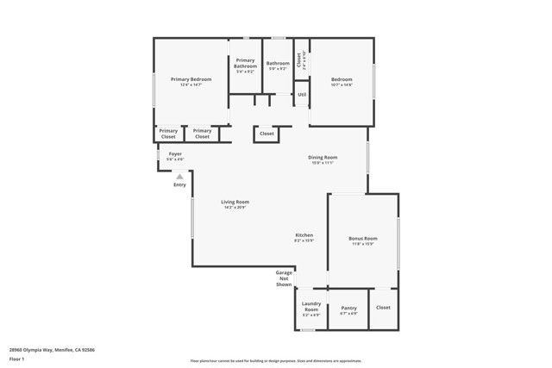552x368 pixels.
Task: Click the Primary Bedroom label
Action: pyautogui.click(x=191, y=79)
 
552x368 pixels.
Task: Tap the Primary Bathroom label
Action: pyautogui.click(x=246, y=63)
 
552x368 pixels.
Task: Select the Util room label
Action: pyautogui.click(x=302, y=95)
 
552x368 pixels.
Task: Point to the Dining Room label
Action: pyautogui.click(x=323, y=157)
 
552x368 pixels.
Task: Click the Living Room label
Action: pyautogui.click(x=235, y=202)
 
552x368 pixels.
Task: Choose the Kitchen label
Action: pyautogui.click(x=304, y=234)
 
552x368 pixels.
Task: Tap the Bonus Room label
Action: pyautogui.click(x=363, y=238)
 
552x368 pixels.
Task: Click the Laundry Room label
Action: pyautogui.click(x=311, y=306)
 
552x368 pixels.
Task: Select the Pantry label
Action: pyautogui.click(x=349, y=308)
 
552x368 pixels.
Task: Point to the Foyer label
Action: pyautogui.click(x=175, y=153)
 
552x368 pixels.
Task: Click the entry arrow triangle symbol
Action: pyautogui.click(x=179, y=177)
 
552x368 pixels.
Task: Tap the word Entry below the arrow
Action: pyautogui.click(x=179, y=184)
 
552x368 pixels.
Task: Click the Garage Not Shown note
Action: pyautogui.click(x=284, y=278)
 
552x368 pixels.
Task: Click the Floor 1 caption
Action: pyautogui.click(x=16, y=358)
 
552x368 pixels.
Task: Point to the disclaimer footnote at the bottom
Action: pyautogui.click(x=276, y=360)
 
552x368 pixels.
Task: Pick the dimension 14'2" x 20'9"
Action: pyautogui.click(x=235, y=208)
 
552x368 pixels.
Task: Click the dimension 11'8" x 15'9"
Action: pyautogui.click(x=363, y=244)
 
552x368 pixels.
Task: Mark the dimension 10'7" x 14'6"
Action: pyautogui.click(x=342, y=84)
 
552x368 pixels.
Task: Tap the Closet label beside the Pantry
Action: pyautogui.click(x=383, y=307)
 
